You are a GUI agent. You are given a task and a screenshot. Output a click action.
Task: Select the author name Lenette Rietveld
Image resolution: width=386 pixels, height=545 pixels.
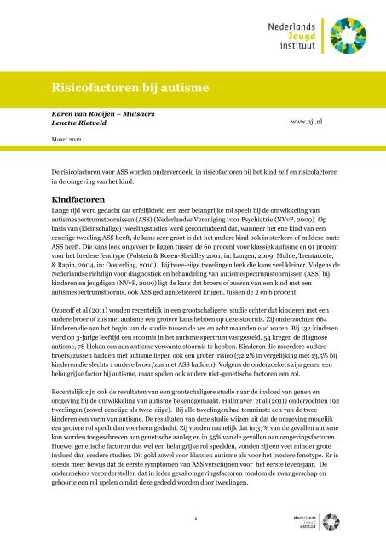79,123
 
